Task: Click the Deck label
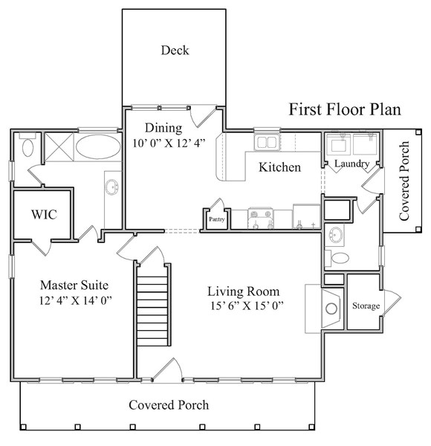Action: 175,51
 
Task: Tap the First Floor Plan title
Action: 345,109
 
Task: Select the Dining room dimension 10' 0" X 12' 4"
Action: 169,143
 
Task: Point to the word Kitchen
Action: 279,167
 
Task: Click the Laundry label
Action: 352,164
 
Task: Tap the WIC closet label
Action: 44,214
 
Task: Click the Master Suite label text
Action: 74,285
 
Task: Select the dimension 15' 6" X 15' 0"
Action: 246,306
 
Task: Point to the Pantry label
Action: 216,220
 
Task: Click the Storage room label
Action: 366,306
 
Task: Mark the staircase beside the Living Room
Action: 151,304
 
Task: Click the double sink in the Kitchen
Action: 265,142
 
